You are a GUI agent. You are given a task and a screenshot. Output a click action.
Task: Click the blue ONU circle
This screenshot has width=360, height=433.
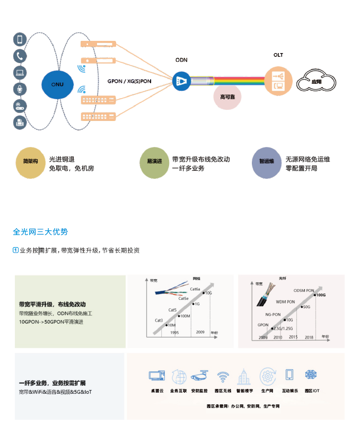coord(58,84)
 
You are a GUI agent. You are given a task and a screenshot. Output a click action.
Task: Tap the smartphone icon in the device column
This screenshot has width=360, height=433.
coord(20,39)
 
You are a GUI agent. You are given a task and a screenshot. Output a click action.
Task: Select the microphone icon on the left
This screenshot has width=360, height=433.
coord(20,89)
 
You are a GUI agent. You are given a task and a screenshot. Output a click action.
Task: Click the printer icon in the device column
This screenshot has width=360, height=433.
coord(20,123)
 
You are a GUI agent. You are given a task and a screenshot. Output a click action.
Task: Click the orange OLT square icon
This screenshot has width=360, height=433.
coord(278,80)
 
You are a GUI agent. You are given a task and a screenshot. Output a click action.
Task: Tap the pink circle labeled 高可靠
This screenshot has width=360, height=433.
coord(228,97)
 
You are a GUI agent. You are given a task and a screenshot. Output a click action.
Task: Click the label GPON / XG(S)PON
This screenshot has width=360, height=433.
coord(129,82)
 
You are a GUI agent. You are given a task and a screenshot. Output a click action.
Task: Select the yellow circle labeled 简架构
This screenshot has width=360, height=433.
coord(31,162)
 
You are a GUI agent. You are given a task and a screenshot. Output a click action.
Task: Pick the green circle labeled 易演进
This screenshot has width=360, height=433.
coord(154,162)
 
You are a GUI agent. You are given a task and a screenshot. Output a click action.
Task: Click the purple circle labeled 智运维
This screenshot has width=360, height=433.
coord(266,162)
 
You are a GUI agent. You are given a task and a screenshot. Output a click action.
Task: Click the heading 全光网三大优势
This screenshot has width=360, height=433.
coord(40,232)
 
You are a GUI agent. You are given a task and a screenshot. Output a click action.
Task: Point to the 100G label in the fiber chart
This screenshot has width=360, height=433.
coord(320,295)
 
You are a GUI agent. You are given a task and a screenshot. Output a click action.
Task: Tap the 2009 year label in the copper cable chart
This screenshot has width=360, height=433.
coord(200,332)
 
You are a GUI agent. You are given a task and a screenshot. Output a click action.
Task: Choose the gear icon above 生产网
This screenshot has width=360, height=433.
coord(267,376)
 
